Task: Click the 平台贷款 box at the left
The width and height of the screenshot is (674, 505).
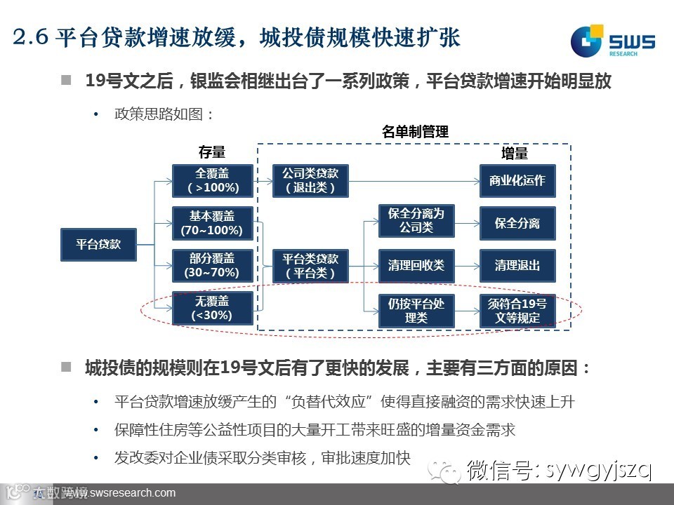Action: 98,245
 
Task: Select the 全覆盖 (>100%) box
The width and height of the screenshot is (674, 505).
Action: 213,181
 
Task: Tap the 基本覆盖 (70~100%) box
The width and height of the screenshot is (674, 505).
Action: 213,222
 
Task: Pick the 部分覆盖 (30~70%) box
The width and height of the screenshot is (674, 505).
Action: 213,265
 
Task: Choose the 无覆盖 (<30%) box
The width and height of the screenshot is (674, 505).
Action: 213,308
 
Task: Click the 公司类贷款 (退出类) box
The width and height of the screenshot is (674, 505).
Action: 310,181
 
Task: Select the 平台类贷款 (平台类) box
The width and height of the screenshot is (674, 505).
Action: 310,266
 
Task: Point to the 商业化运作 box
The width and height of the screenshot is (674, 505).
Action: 517,181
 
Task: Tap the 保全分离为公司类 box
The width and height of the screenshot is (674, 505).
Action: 416,221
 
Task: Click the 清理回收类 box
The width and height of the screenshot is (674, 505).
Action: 416,266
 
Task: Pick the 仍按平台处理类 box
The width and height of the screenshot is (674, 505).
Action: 416,309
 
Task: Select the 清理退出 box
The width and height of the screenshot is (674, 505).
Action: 517,266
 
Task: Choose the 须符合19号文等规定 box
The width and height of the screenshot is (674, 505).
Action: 517,309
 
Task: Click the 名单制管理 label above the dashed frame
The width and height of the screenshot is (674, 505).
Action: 415,132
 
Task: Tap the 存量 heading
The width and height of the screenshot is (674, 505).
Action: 211,153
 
